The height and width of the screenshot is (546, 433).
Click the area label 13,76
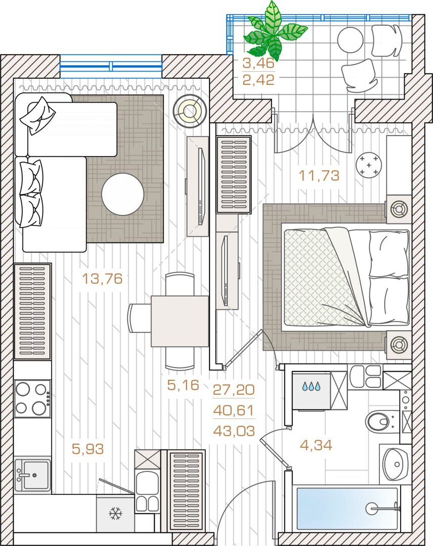pos(102,279)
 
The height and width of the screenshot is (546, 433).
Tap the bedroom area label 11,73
pos(319,175)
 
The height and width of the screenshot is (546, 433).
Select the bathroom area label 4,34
pos(316,445)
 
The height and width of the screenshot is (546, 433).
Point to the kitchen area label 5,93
pos(88,449)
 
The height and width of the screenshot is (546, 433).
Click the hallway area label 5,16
pos(183,385)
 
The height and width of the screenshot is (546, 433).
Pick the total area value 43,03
pos(234,431)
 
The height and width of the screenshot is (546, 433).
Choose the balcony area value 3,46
pos(258,63)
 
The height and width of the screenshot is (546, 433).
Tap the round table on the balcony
pos(351,40)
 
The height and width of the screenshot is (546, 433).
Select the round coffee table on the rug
pos(122,194)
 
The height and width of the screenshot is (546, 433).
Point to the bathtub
pos(347,509)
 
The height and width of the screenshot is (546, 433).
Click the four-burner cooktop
pos(32,399)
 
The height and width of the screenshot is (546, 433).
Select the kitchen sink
pos(33,475)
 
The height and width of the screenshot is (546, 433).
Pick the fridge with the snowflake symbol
pos(115,514)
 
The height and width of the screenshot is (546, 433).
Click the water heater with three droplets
pos(311,390)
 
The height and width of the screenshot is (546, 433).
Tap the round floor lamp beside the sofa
pos(190,111)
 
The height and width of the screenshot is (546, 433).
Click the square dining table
pos(180,321)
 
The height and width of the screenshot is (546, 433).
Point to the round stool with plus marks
pos(369,165)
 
